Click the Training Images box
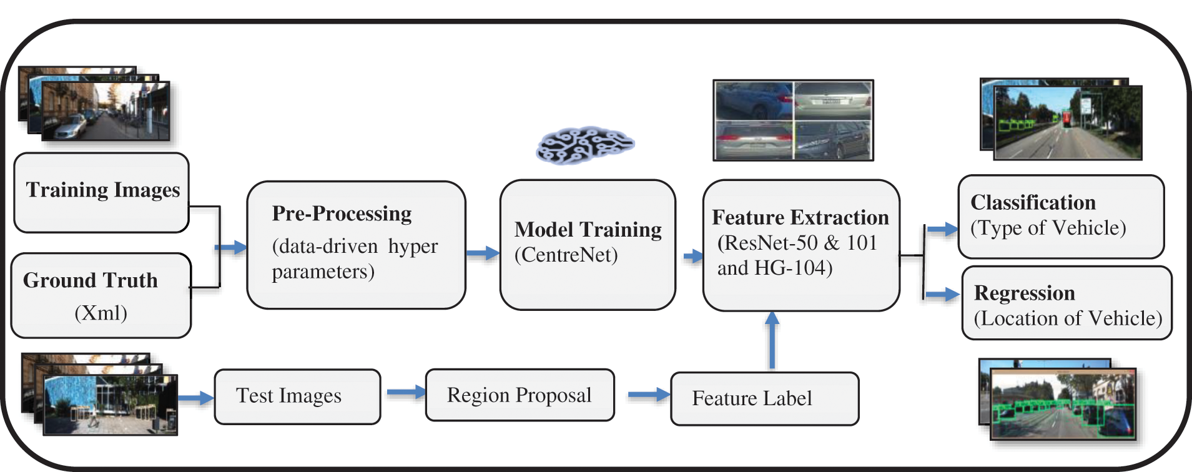click(x=101, y=192)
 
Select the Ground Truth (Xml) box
click(x=101, y=295)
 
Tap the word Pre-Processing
click(x=342, y=214)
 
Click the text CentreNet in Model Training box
click(x=566, y=255)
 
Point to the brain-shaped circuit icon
click(x=585, y=145)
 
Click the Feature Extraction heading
click(x=800, y=217)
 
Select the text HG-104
click(x=793, y=268)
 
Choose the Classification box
click(x=1060, y=217)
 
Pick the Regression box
click(x=1066, y=303)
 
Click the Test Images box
click(x=297, y=396)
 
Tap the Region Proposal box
click(x=520, y=395)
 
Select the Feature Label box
click(x=764, y=398)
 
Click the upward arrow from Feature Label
click(x=772, y=340)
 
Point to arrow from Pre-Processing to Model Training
click(x=482, y=253)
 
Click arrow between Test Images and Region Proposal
click(x=405, y=393)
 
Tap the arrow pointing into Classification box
click(x=942, y=229)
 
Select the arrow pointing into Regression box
click(x=942, y=294)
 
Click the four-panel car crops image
click(x=793, y=120)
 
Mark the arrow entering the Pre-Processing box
click(x=231, y=247)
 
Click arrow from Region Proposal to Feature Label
click(x=648, y=395)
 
